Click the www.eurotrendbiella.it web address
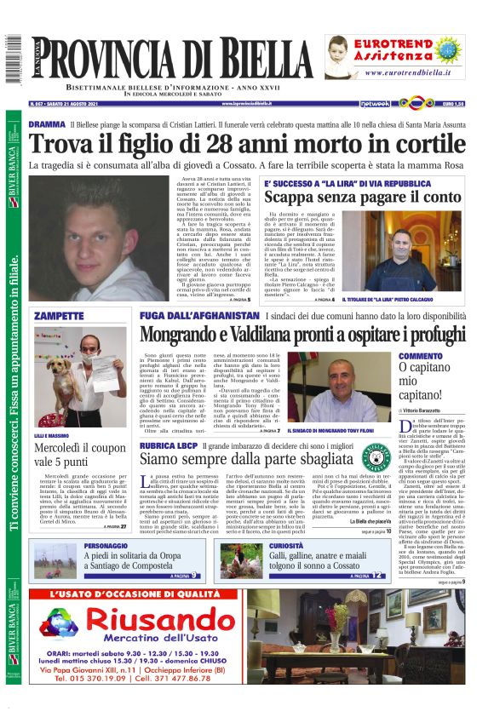coord(417,73)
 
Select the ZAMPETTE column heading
coord(57,316)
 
